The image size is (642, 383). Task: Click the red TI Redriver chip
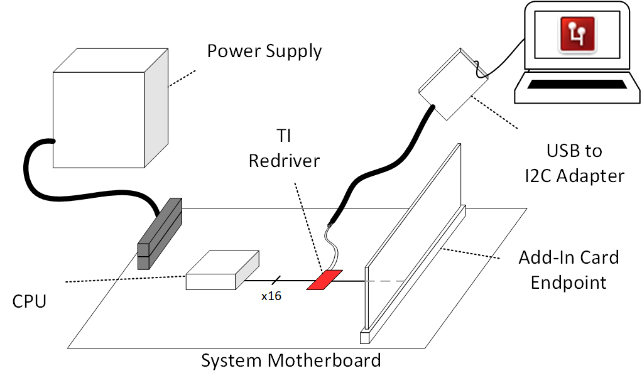pos(324,280)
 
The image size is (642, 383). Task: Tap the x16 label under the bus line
pos(271,296)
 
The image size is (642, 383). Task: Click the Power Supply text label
pos(264,51)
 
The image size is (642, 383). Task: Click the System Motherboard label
pos(291,361)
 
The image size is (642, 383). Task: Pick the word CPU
pos(30,302)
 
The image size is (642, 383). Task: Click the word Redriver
pos(284,161)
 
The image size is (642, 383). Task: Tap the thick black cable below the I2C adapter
pos(377,170)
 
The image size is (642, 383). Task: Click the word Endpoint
pos(569,282)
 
